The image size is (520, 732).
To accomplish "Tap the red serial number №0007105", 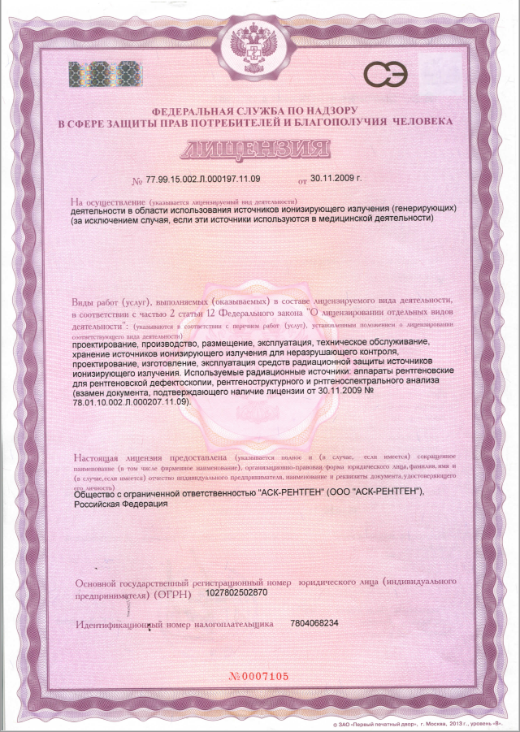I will [x=258, y=677].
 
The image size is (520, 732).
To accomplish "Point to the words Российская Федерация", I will [x=121, y=504].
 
